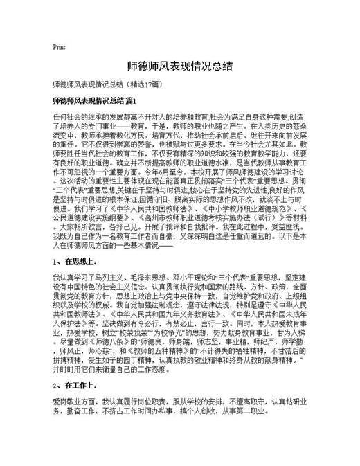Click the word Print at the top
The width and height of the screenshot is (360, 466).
59,47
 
